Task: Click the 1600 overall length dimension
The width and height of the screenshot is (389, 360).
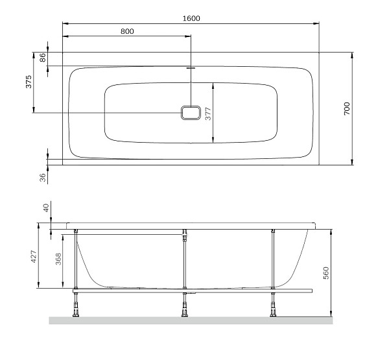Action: [x=191, y=18]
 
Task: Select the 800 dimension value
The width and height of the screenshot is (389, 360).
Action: [x=127, y=31]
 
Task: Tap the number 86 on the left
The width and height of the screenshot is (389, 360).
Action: [x=43, y=58]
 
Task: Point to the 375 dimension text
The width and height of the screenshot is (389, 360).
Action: [x=29, y=82]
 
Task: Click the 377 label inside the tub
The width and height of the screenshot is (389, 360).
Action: [x=208, y=113]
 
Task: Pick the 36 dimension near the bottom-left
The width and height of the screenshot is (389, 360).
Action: [x=43, y=176]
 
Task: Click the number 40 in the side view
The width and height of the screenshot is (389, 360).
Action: [x=45, y=208]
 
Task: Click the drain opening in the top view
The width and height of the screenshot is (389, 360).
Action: [x=191, y=113]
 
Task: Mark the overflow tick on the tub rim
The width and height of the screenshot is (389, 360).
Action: [x=191, y=67]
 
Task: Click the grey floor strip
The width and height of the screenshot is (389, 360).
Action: [x=191, y=320]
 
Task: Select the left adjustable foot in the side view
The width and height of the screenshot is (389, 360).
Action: [x=77, y=306]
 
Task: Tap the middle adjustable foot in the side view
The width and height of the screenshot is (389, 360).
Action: [x=185, y=306]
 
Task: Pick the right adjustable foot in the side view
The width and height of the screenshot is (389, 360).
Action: [x=273, y=306]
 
